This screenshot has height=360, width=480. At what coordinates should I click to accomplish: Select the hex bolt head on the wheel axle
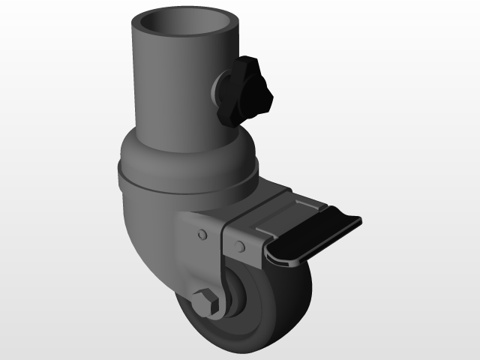point(206,304)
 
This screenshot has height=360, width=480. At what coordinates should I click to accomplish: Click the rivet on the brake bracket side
point(239,247)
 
